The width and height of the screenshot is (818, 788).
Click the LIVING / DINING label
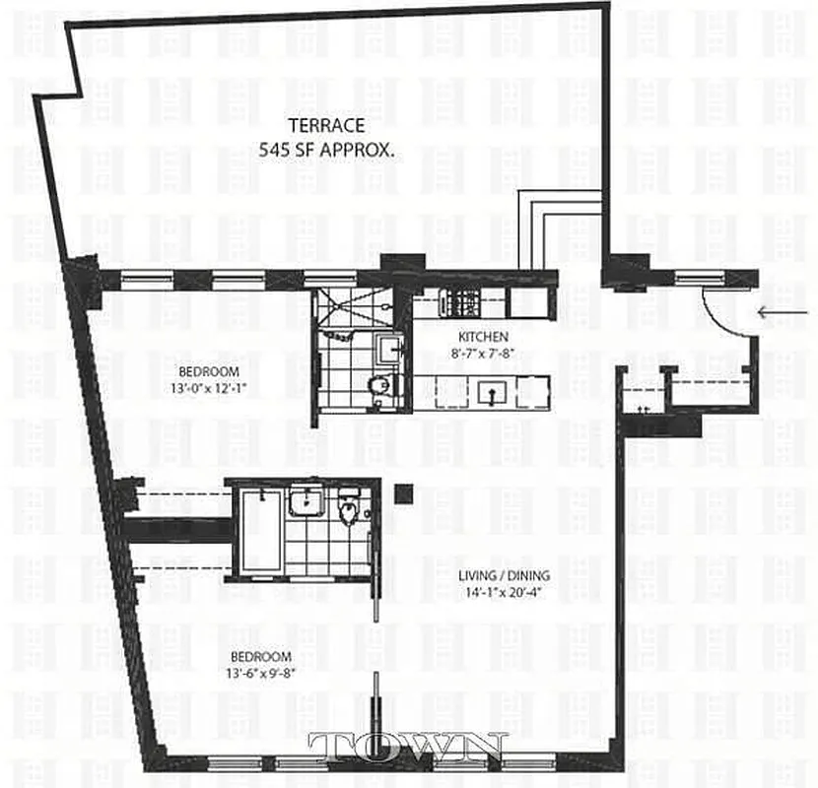pos(504,576)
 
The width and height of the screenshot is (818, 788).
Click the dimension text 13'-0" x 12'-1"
pos(209,387)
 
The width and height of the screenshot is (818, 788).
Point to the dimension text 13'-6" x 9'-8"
pos(260,674)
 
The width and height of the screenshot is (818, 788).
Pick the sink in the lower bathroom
pos(307,502)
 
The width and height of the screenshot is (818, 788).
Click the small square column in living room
pos(402,494)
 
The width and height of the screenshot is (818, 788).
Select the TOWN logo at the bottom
pos(408,747)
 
